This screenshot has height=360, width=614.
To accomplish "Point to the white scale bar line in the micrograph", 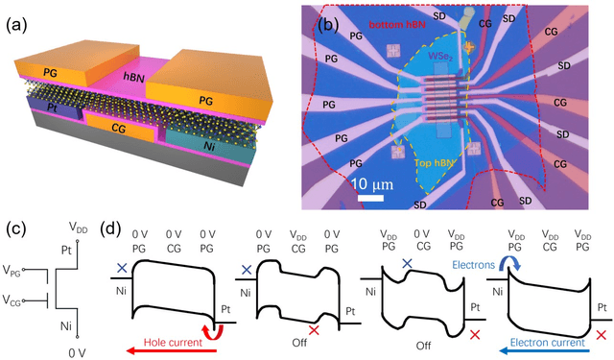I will (366, 198).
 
